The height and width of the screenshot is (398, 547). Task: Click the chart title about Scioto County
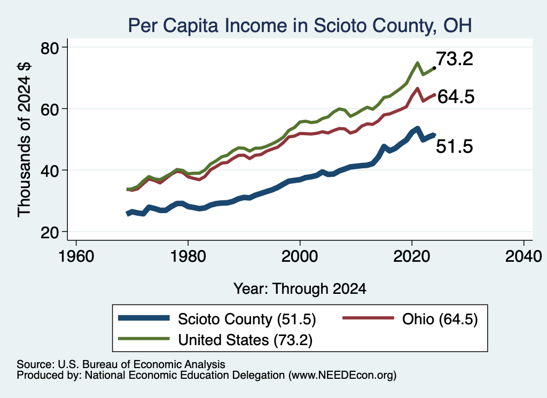point(300,26)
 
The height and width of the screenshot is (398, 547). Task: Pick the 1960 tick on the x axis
point(76,256)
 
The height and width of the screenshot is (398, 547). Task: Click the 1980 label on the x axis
point(188,256)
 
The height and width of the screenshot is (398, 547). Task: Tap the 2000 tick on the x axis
point(300,256)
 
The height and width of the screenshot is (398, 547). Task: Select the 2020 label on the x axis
point(412,256)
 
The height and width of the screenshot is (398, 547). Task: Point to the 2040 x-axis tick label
point(523,256)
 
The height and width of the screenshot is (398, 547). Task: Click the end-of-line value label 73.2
point(455,59)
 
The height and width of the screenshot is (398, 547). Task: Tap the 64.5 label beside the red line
point(456,97)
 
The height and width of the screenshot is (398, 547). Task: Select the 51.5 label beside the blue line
point(455,146)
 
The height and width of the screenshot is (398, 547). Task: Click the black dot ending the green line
point(434,68)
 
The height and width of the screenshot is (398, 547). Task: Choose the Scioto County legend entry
point(217,319)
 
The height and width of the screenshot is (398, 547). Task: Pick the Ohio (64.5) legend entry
point(410,319)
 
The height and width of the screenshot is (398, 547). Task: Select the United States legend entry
point(215,339)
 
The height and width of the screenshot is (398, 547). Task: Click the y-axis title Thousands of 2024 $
point(24,139)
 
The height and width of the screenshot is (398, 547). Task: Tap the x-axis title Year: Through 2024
point(300,289)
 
